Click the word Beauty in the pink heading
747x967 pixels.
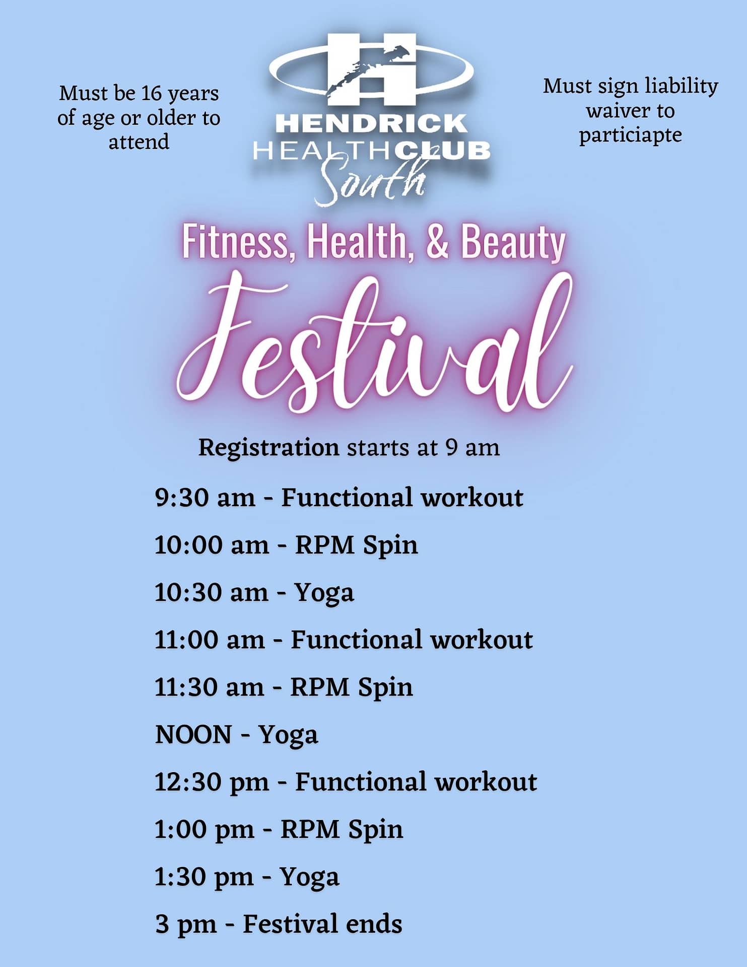coord(513,244)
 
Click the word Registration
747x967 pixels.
coord(268,447)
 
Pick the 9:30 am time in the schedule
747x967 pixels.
coord(205,498)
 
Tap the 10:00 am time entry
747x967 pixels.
coord(212,545)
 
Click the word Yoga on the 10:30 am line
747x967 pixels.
coord(324,593)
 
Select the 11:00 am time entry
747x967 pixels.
coord(210,640)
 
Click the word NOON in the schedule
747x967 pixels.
coord(193,734)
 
